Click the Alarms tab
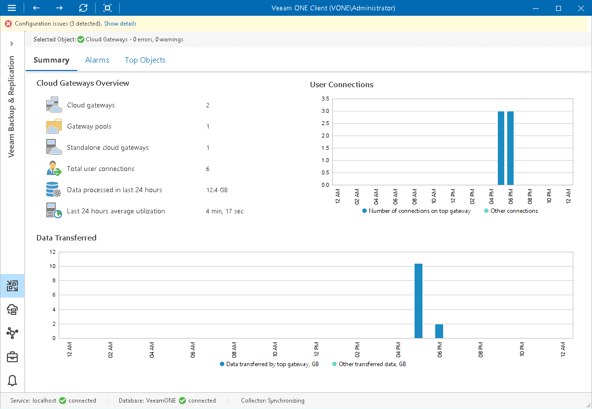click(x=97, y=60)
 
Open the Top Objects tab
click(x=145, y=60)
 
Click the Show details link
click(x=120, y=24)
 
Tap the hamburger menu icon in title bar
click(x=12, y=8)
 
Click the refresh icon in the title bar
click(x=83, y=8)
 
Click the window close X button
click(x=581, y=8)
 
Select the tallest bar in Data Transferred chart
click(x=418, y=301)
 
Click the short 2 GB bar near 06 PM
click(x=439, y=331)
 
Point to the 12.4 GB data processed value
click(x=217, y=190)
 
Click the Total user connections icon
click(x=54, y=169)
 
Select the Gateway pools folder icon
click(x=54, y=127)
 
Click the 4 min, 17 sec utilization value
click(x=225, y=211)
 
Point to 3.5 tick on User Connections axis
click(x=325, y=99)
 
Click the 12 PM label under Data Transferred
click(x=316, y=350)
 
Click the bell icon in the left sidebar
click(x=12, y=380)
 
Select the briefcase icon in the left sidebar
click(x=12, y=357)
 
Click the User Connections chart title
click(x=342, y=85)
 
